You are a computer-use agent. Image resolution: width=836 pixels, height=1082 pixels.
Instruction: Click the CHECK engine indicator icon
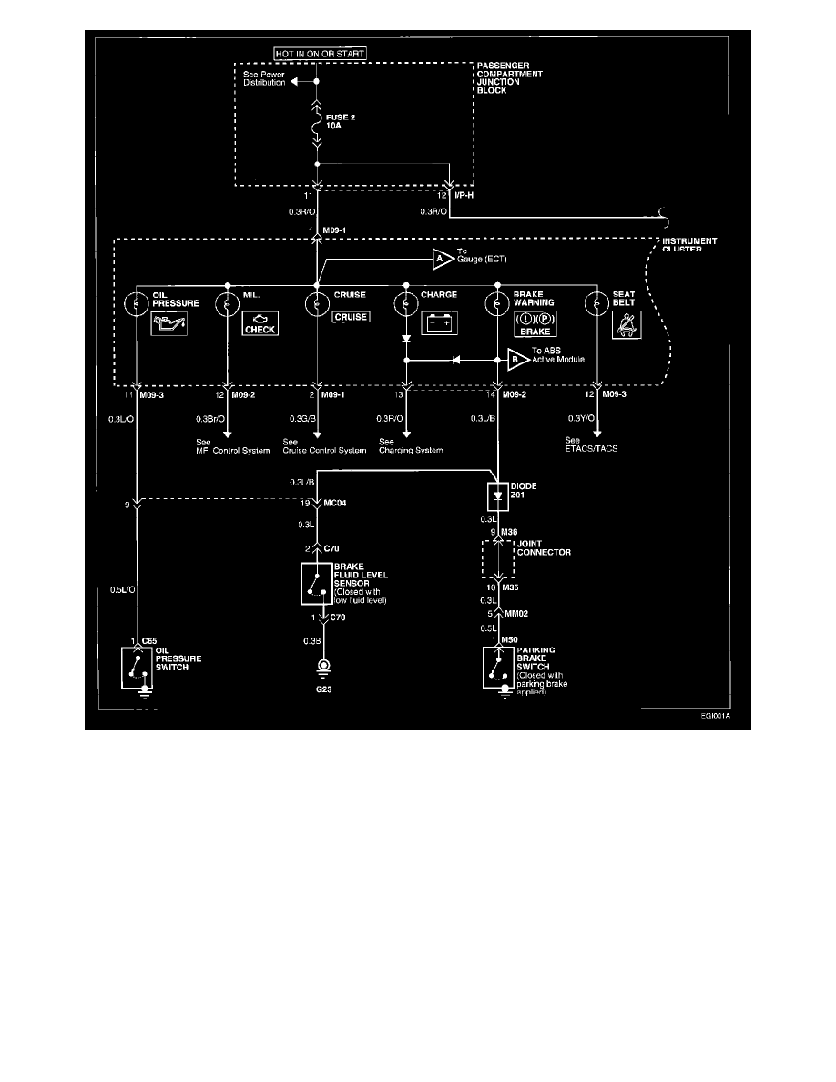tap(260, 324)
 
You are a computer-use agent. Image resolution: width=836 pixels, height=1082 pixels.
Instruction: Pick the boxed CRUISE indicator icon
tap(351, 318)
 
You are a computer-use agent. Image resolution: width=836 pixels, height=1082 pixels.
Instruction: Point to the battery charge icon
tap(440, 323)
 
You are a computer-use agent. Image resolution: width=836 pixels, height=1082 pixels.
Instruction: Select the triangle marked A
tap(443, 260)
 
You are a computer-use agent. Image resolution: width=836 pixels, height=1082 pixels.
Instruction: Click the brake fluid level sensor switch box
tap(316, 584)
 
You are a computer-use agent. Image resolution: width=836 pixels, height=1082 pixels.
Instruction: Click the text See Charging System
tap(412, 446)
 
